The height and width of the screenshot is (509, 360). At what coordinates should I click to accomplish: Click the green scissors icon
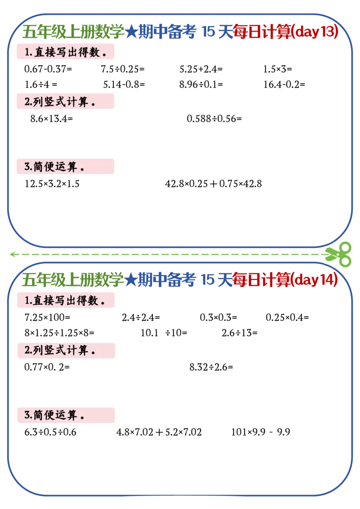tap(338, 253)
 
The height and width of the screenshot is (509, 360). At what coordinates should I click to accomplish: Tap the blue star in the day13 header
tap(130, 32)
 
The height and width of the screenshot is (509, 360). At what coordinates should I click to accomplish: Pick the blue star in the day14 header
tap(130, 281)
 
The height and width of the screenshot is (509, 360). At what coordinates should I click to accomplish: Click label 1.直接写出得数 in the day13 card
tap(65, 52)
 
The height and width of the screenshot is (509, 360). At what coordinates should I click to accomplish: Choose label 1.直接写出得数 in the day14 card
tap(65, 300)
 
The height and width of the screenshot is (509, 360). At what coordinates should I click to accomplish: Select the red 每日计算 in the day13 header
tap(262, 32)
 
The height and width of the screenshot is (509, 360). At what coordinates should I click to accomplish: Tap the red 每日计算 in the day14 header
tap(262, 281)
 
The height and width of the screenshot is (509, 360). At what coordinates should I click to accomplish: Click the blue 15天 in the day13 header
tap(217, 32)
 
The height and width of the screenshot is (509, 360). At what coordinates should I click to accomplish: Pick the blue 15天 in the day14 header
tap(217, 281)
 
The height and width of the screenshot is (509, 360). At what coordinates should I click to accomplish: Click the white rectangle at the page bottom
tap(183, 501)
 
